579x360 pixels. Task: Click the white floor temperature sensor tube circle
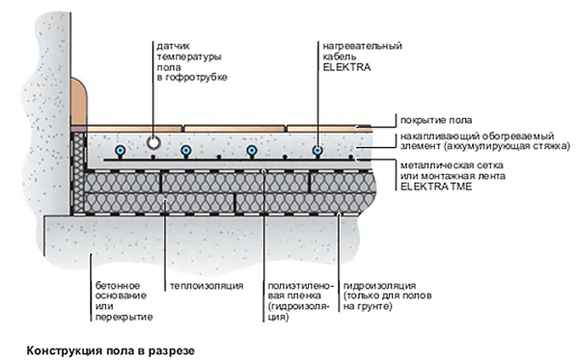click(154, 142)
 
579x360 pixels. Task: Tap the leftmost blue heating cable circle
click(120, 150)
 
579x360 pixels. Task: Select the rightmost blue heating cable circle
click(318, 150)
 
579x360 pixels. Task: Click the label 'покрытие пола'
click(436, 120)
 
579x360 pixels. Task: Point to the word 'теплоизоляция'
click(206, 286)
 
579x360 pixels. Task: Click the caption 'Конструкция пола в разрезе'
click(110, 351)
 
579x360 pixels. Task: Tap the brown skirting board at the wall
click(79, 102)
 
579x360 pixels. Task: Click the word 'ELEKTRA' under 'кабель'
click(346, 67)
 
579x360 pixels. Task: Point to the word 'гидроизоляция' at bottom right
click(379, 286)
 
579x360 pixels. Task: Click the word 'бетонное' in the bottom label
click(118, 286)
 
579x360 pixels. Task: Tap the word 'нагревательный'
click(363, 46)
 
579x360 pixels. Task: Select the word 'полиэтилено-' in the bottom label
click(301, 286)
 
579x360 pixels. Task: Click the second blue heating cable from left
click(186, 150)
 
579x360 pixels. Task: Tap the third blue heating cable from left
click(252, 150)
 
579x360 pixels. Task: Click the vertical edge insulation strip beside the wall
click(78, 173)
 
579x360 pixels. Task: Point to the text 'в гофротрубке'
click(192, 78)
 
